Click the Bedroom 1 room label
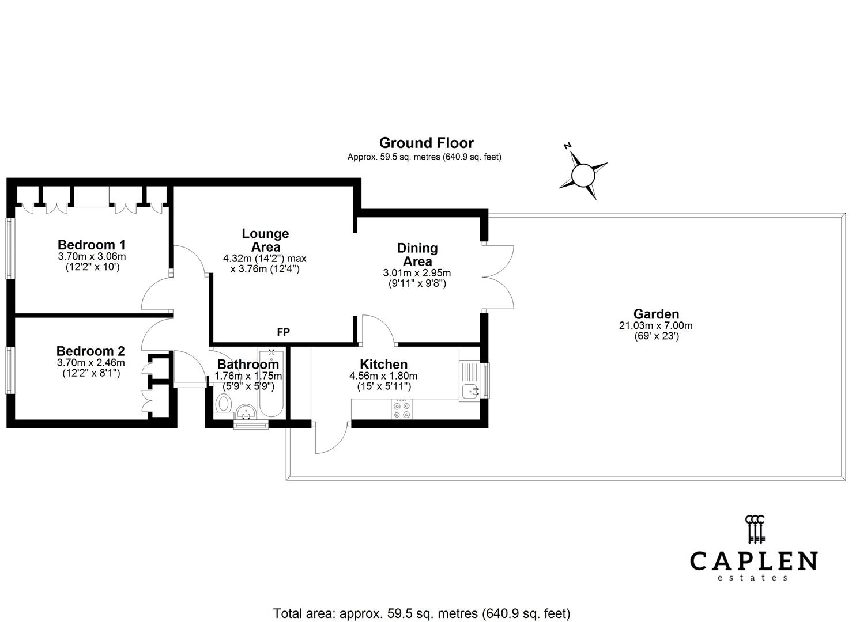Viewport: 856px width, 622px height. [x=91, y=245]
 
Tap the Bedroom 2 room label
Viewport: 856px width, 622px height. [x=90, y=351]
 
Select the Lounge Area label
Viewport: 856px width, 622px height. [x=266, y=240]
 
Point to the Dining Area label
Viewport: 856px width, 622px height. [x=417, y=255]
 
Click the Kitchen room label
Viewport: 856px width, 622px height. [x=384, y=364]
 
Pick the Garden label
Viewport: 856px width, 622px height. [x=656, y=314]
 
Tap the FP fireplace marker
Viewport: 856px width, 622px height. [x=283, y=332]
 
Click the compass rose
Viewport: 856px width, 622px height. [x=583, y=175]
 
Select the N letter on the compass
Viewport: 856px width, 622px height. [x=567, y=146]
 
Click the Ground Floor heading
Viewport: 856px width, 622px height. [x=427, y=143]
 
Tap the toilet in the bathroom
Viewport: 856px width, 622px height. [x=224, y=404]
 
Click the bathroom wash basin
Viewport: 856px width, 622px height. [x=246, y=412]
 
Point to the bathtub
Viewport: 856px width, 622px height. [x=271, y=384]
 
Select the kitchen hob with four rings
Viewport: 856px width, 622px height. [x=402, y=409]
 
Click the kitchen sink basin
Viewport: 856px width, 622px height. [x=469, y=392]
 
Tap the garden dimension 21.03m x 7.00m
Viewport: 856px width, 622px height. [x=656, y=326]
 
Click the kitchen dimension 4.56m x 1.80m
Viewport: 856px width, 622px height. [x=383, y=376]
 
